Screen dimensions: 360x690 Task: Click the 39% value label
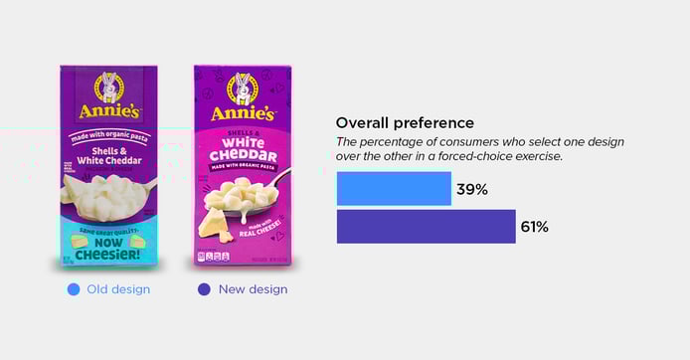pos(471,189)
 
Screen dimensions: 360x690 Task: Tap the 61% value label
pos(534,227)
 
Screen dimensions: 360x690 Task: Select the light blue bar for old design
pos(394,189)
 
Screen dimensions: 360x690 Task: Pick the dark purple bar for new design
pos(426,227)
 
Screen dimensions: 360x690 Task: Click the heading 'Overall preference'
pos(405,123)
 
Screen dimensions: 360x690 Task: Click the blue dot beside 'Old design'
pos(74,289)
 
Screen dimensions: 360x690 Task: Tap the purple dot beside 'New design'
pos(204,289)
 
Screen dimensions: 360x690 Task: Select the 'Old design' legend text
pos(118,289)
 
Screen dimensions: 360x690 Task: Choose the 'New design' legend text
pos(253,289)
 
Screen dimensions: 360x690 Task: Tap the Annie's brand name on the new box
pos(242,112)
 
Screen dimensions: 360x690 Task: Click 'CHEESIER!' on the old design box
pos(106,251)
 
